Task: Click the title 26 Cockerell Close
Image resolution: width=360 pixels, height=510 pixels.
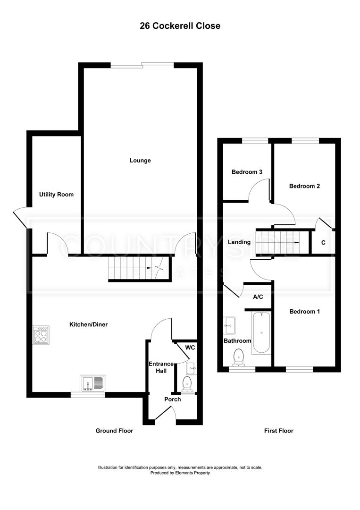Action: (180, 26)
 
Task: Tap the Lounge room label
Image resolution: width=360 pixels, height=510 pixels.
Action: (140, 161)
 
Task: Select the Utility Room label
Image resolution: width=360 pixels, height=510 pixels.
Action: (56, 195)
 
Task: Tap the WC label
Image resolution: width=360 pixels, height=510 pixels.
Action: (190, 348)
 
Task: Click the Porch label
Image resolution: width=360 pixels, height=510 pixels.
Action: (172, 399)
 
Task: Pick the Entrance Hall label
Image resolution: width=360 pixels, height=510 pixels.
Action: (161, 367)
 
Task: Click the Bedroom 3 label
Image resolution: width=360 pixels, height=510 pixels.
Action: (246, 172)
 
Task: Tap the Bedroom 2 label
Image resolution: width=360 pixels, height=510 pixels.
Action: (304, 186)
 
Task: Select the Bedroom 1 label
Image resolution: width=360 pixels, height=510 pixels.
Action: (304, 312)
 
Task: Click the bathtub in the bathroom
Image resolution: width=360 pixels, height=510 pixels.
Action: (261, 332)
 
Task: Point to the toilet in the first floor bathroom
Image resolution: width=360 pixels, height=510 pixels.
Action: (238, 357)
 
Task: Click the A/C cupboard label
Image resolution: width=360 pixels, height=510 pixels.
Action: (258, 297)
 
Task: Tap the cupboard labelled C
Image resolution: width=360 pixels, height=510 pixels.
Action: (323, 243)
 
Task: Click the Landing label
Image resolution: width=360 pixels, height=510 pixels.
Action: (239, 242)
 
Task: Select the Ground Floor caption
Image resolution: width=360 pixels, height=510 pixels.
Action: (114, 431)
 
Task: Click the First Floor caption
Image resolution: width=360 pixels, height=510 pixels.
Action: (278, 431)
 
